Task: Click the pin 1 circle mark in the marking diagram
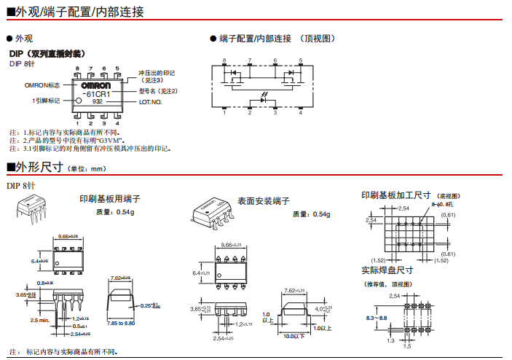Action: click(x=79, y=101)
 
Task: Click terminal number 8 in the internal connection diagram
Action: click(x=224, y=60)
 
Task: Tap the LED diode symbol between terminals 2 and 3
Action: click(x=262, y=100)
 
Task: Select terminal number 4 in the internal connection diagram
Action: click(x=300, y=112)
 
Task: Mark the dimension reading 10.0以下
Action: click(x=294, y=336)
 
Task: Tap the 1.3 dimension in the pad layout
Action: click(x=391, y=340)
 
